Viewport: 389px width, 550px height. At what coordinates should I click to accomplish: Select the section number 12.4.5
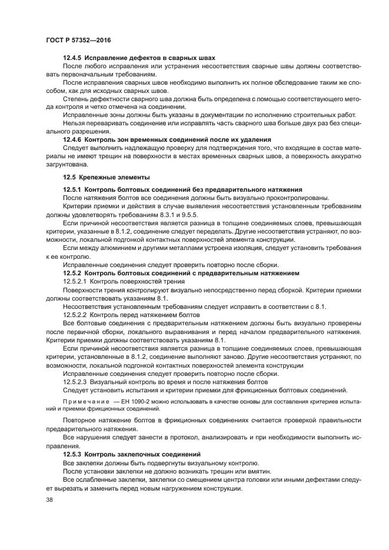(x=73, y=58)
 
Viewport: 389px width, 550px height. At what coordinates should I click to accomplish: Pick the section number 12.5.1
(x=73, y=189)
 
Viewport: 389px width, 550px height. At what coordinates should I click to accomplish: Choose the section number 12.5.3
(x=73, y=455)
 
